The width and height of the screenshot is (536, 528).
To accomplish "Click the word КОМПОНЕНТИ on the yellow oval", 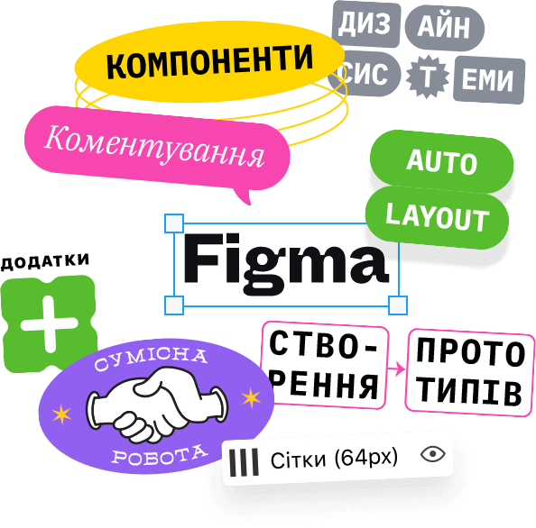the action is (209, 61).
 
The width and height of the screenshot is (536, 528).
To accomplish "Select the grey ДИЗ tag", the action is (366, 24).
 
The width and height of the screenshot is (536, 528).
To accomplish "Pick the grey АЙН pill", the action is (444, 28).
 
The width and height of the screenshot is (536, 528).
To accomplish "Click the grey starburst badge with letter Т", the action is (428, 77).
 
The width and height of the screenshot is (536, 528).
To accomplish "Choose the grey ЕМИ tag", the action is (489, 80).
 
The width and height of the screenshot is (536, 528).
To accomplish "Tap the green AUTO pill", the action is (441, 162).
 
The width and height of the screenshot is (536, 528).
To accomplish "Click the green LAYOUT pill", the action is (437, 217).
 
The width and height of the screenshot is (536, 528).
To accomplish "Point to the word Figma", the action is (286, 263).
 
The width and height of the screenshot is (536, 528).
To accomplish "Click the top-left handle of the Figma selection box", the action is (174, 223).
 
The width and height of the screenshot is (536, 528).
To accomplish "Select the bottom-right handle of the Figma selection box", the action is (398, 305).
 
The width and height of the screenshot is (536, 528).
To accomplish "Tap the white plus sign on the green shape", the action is (50, 323).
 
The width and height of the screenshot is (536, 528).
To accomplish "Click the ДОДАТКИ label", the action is (45, 262).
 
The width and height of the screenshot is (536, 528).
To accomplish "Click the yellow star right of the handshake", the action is (251, 397).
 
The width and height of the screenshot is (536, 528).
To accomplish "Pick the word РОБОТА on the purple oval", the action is (160, 455).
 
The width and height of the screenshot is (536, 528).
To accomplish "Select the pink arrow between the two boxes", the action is (396, 369).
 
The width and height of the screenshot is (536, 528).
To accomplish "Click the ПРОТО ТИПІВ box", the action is (470, 373).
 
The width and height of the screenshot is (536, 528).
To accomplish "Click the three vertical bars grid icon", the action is (244, 462).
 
